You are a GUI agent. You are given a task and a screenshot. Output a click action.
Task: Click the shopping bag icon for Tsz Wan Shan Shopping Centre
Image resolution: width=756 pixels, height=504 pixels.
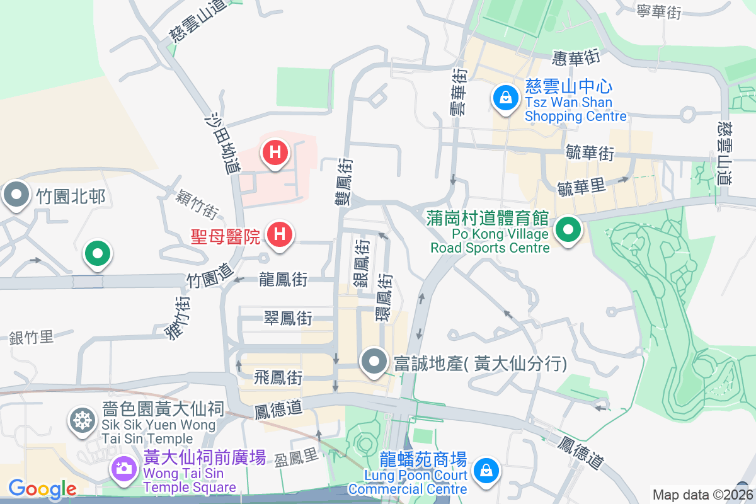[505, 98]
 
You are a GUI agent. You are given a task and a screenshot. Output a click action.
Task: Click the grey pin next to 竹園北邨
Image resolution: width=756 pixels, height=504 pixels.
[16, 195]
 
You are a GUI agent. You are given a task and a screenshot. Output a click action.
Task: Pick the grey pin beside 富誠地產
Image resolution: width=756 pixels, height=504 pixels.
[375, 362]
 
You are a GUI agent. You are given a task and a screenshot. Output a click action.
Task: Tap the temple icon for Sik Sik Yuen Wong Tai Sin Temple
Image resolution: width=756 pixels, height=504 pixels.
[82, 420]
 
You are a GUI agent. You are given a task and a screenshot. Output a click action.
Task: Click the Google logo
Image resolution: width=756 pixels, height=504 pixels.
[42, 488]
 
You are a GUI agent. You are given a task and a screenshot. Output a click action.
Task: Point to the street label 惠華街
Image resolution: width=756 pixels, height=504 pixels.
[575, 59]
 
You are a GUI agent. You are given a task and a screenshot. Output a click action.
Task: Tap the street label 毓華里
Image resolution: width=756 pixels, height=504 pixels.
[581, 186]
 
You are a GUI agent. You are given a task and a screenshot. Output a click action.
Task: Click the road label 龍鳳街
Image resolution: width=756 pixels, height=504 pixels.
[283, 279]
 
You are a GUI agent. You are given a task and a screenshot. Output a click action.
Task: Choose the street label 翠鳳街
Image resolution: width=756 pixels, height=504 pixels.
[288, 319]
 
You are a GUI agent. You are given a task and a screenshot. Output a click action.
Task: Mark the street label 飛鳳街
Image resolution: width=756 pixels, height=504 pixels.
[278, 378]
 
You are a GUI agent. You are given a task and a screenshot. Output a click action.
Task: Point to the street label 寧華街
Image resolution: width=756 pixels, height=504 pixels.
[659, 11]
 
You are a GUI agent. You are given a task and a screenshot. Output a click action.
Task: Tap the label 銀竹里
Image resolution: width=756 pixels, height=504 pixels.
[31, 337]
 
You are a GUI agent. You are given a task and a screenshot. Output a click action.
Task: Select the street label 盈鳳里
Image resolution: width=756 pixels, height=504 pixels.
[297, 457]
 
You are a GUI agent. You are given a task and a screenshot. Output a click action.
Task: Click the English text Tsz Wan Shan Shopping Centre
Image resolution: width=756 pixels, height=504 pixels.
[575, 109]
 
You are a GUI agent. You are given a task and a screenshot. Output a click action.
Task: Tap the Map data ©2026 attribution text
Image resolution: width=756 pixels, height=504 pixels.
[702, 495]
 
